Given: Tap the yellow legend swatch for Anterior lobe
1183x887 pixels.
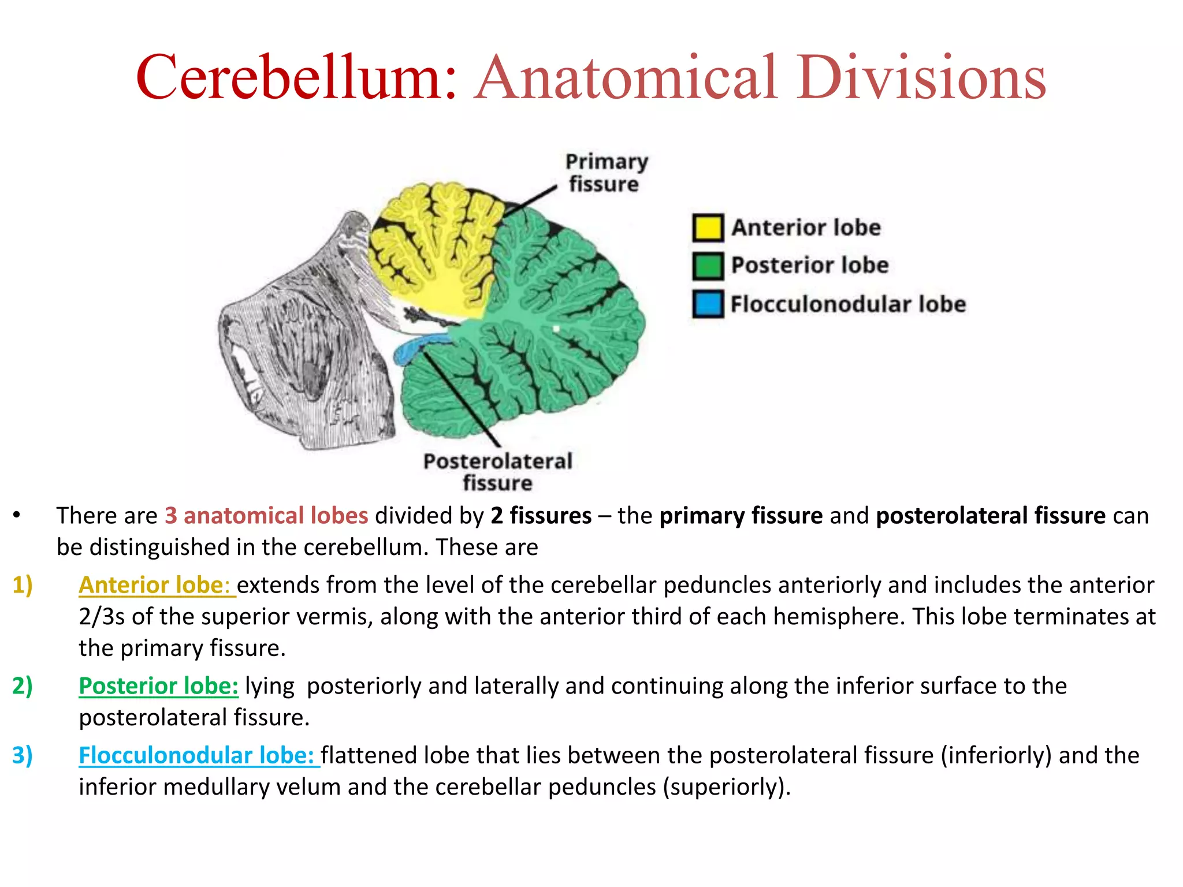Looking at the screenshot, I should [708, 227].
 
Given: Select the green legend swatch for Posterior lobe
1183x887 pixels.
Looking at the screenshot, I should [708, 266].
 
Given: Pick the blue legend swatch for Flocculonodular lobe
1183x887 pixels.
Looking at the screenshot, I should [708, 304].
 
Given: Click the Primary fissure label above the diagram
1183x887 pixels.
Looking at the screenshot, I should [606, 173].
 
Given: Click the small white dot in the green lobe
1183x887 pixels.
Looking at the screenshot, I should [557, 329].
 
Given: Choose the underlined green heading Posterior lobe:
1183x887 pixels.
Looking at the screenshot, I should [158, 686].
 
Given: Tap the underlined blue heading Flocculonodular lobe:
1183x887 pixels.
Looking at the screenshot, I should [199, 755].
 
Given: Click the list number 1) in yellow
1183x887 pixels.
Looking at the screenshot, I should [23, 585].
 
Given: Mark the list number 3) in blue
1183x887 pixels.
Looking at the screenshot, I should [23, 755].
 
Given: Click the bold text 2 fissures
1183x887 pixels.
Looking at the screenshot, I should [541, 516].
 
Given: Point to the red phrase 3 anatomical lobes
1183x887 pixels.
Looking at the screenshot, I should [266, 516].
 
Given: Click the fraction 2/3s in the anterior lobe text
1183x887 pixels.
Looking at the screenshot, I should [102, 617].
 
